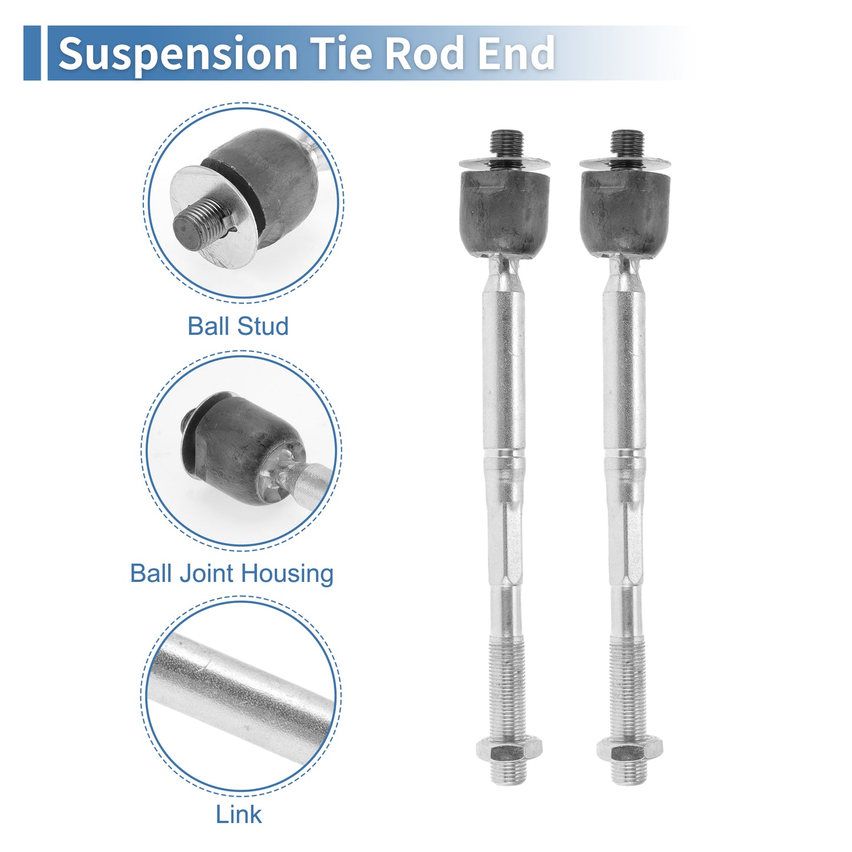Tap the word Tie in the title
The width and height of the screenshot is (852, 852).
click(x=340, y=52)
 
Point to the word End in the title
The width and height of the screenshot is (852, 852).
click(x=516, y=52)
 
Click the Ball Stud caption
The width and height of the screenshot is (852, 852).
click(x=238, y=326)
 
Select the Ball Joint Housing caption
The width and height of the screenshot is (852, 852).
click(x=232, y=574)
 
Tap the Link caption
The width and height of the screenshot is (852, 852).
click(x=238, y=814)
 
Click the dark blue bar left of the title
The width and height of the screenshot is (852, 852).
click(x=32, y=53)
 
